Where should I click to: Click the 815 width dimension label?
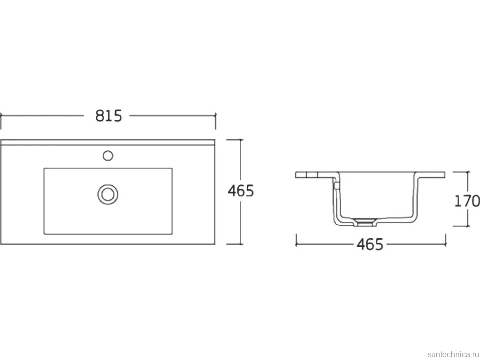pos(108,116)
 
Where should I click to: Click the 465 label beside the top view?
pos(240,191)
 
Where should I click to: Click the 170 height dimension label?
pos(467,201)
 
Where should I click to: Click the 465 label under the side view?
pos(370,244)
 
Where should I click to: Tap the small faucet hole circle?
pos(108,156)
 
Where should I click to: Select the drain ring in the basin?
pos(108,194)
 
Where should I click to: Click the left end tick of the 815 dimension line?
pos(1,116)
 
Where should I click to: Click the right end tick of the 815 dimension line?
pos(216,116)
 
